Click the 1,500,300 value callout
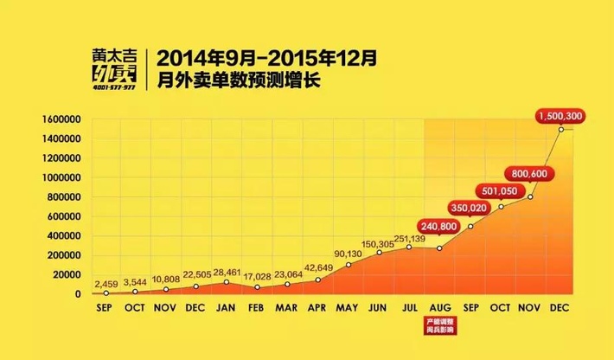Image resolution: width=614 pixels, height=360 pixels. tap(561, 114)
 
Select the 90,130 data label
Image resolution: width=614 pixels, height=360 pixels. tap(348, 254)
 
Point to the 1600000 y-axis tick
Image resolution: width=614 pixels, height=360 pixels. tap(58, 119)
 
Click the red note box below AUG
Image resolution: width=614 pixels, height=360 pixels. tap(439, 326)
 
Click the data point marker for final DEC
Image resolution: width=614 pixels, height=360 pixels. tap(561, 130)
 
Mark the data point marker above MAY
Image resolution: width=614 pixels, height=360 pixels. tap(349, 265)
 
